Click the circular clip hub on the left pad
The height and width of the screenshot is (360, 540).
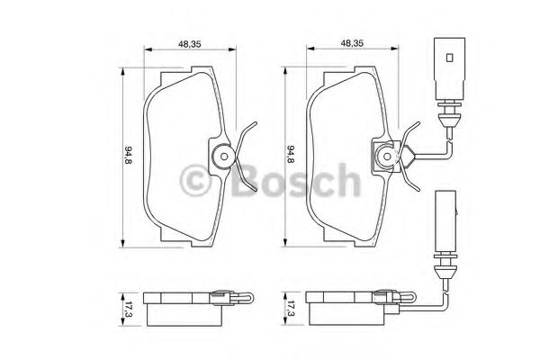221,157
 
